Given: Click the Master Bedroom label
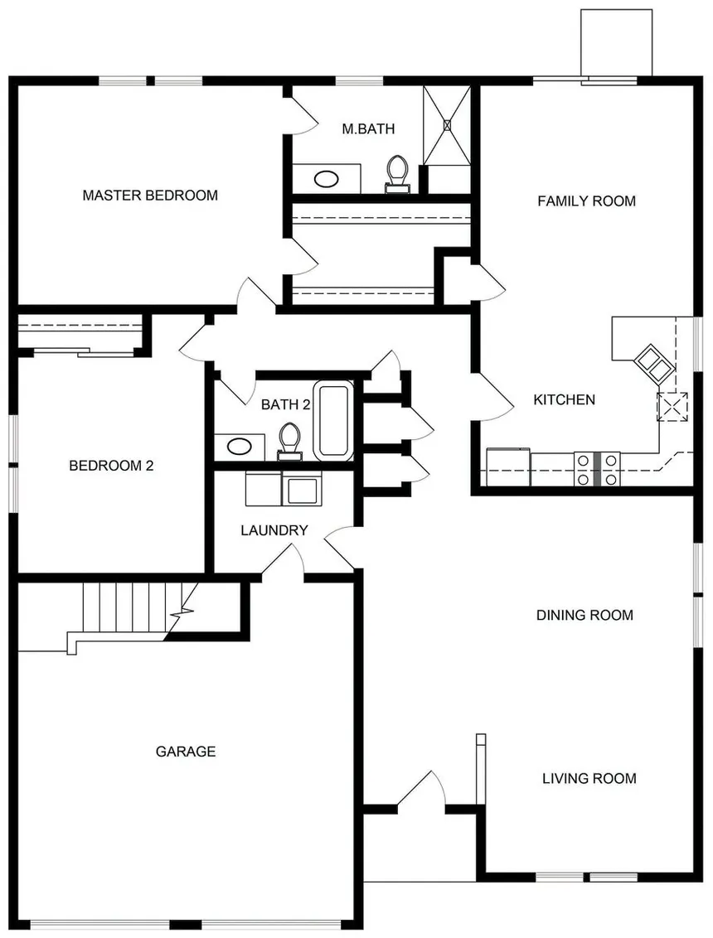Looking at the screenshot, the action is [x=150, y=195].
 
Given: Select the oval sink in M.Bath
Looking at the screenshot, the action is [x=327, y=179].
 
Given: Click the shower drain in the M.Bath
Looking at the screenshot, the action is [x=447, y=125].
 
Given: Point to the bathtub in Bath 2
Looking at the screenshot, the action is [x=333, y=421].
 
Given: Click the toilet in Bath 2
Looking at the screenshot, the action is [x=289, y=442].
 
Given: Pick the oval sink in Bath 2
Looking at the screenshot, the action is [x=240, y=446].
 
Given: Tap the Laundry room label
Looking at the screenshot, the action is [x=274, y=530].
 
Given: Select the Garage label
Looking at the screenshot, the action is [x=186, y=752].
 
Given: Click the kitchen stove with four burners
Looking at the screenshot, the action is [x=597, y=469].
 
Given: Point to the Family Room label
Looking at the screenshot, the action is [x=587, y=201].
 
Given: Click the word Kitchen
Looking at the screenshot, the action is [x=564, y=399].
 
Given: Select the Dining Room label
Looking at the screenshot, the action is [x=584, y=615].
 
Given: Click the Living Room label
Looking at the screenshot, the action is [x=589, y=778].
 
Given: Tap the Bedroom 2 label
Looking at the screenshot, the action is [x=111, y=466].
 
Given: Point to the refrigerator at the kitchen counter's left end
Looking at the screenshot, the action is [x=508, y=467].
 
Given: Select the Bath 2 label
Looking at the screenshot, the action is [x=285, y=405].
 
